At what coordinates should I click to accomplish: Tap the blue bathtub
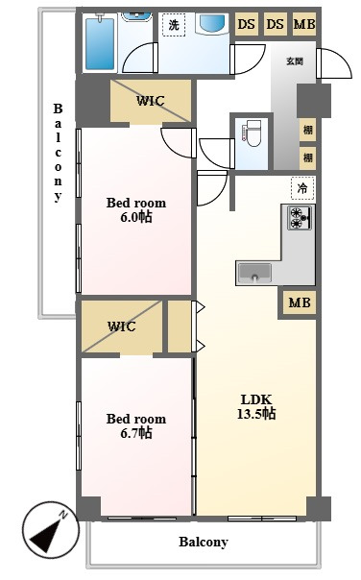(x=100, y=43)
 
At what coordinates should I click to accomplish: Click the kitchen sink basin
(x=254, y=273)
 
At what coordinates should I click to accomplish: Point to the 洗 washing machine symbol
(x=174, y=25)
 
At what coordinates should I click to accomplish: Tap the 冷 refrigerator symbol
(x=302, y=188)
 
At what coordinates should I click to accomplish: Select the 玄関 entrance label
(x=295, y=60)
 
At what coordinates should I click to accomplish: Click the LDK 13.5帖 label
(x=256, y=406)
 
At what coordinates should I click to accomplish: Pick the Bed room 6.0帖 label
(x=136, y=209)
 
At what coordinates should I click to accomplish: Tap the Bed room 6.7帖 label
(x=136, y=425)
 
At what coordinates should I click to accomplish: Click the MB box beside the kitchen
(x=300, y=302)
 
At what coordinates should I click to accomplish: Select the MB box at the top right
(x=304, y=24)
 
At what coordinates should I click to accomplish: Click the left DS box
(x=247, y=24)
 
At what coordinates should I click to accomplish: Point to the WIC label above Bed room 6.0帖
(x=150, y=101)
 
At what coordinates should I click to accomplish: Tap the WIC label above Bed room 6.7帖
(x=122, y=326)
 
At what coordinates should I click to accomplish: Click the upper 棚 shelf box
(x=308, y=130)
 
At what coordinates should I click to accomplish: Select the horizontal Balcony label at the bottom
(x=204, y=542)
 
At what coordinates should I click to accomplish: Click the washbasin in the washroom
(x=212, y=24)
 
